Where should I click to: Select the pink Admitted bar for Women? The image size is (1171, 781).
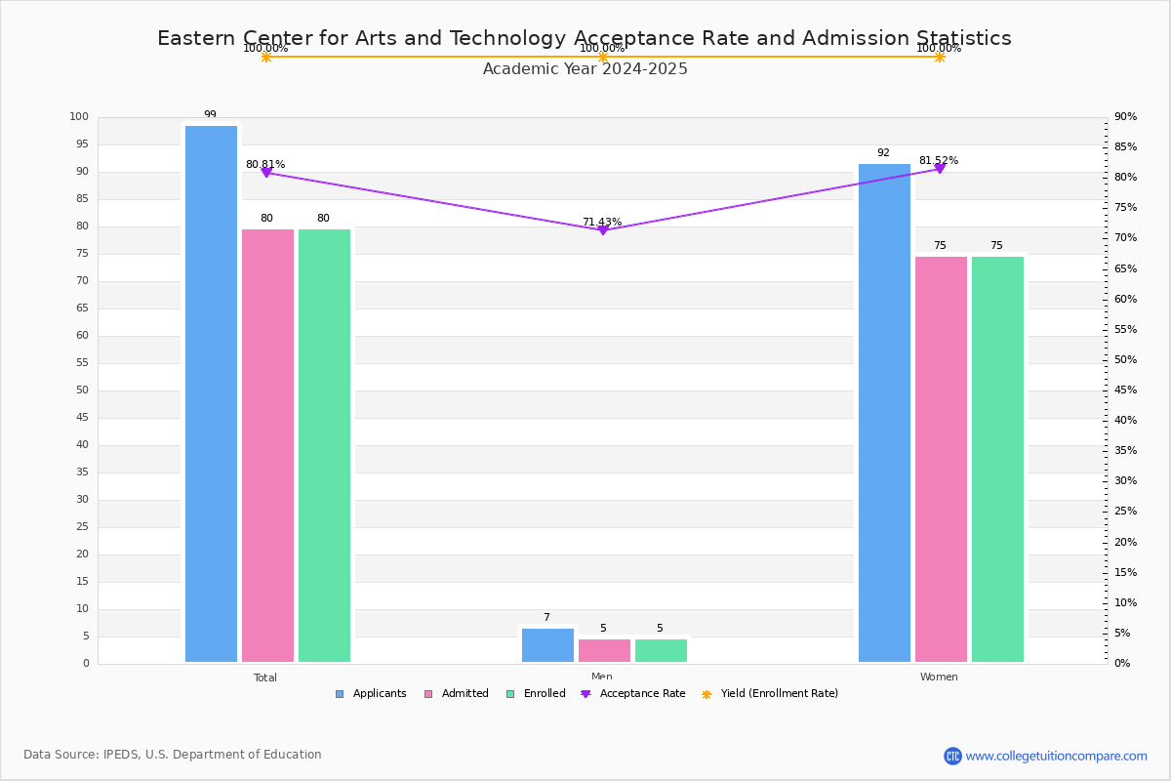coord(941,459)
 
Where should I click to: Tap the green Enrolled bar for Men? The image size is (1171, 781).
coord(661,650)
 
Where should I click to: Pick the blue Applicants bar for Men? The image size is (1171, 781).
coord(547,645)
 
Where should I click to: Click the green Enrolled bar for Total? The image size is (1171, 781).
coord(324,445)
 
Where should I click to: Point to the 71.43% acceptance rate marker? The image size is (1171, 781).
coord(602,229)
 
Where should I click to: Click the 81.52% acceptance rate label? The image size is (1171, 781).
coord(938,161)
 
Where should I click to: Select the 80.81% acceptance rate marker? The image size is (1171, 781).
coord(266,173)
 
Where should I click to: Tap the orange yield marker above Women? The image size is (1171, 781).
coord(939,57)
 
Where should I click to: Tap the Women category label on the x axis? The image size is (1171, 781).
coord(939,678)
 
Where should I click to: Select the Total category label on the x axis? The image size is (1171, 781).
coord(265,678)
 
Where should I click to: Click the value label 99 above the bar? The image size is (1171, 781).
coord(210,115)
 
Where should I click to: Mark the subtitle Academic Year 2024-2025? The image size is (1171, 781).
coord(585,69)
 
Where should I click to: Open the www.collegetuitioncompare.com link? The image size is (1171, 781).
coord(1056,756)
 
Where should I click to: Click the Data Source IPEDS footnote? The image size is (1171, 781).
coord(173,755)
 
